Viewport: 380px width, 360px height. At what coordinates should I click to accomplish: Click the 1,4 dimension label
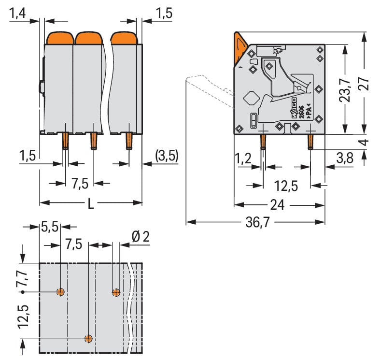coord(17,14)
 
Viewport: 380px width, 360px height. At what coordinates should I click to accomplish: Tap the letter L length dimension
coord(90,204)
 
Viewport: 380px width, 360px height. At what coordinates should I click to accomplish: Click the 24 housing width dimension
coord(277,205)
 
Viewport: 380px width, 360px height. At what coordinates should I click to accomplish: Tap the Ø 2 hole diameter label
coord(141,237)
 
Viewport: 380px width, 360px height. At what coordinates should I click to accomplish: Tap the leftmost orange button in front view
coord(59,38)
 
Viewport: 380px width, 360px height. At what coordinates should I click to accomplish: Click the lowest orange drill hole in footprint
coord(88,338)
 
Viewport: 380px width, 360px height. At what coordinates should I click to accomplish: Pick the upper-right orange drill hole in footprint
coord(116,292)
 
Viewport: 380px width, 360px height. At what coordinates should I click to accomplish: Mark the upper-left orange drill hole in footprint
coord(60,291)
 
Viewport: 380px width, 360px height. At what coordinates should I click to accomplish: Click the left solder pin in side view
coord(263,142)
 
